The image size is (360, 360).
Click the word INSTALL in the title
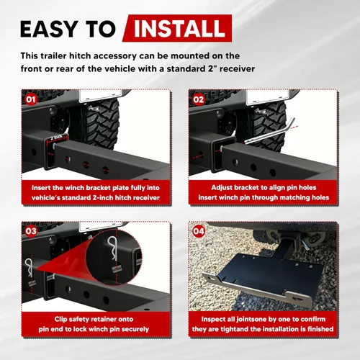tap(179, 28)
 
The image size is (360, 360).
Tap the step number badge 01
tap(30, 99)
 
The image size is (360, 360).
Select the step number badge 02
tap(198, 99)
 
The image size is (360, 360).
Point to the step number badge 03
tap(31, 231)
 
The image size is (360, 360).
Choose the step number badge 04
tap(199, 231)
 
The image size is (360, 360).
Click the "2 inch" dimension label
tap(57, 138)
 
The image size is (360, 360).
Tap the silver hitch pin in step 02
tap(270, 131)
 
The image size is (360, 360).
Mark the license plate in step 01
tap(98, 95)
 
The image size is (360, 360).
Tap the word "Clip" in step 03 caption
tap(60, 319)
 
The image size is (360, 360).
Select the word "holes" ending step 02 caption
tap(320, 197)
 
